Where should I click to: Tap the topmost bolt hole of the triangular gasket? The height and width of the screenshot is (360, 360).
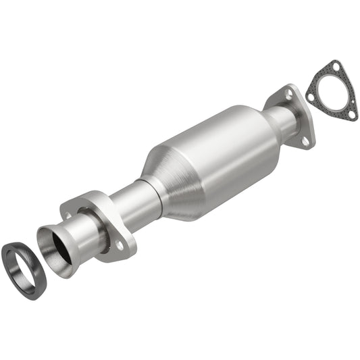[336, 68]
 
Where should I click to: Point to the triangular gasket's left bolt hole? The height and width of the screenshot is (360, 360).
[310, 97]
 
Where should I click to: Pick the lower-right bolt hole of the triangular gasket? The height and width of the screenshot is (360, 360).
[353, 114]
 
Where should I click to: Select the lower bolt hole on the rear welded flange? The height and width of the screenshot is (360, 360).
[305, 141]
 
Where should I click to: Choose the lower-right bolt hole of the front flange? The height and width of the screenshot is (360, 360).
[120, 247]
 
